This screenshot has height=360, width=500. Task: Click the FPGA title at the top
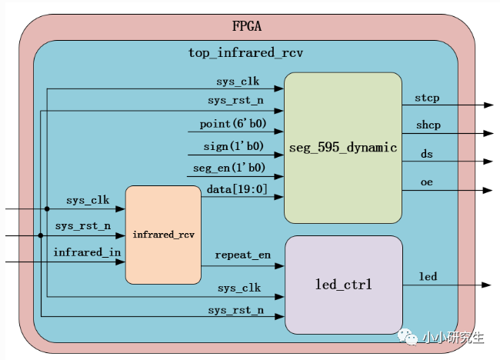[x=247, y=26]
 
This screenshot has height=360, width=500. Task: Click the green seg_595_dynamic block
[x=342, y=148]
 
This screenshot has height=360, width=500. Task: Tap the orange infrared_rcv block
[x=163, y=234]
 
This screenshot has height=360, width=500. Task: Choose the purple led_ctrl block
[x=344, y=285]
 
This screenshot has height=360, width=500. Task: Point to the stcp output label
[x=427, y=98]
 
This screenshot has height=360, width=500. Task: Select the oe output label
[x=426, y=182]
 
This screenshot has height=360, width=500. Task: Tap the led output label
[x=428, y=275]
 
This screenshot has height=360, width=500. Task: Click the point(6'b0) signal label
[x=232, y=124]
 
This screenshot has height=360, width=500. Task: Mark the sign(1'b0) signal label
[x=233, y=145]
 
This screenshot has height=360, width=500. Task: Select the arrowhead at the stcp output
[x=488, y=105]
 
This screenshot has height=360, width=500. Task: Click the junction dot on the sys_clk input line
[x=47, y=208]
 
